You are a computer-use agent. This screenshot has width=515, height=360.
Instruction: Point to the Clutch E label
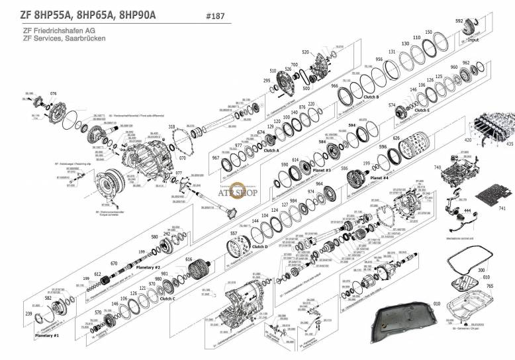click(x=421, y=111)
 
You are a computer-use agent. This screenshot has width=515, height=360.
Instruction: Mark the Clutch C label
click(x=167, y=298)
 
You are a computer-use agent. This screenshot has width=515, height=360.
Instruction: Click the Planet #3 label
click(x=322, y=170)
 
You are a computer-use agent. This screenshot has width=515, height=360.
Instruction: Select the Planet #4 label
click(x=379, y=177)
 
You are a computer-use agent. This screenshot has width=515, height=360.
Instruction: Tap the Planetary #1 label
click(x=47, y=336)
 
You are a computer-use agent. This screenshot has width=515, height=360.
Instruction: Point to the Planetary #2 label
click(x=149, y=267)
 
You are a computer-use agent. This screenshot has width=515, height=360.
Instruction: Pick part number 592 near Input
click(x=459, y=21)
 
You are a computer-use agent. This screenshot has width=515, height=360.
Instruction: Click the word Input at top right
click(x=473, y=40)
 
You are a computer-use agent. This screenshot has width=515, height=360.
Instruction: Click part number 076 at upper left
click(x=54, y=93)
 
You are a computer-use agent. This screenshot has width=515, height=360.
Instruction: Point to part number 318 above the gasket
click(x=171, y=126)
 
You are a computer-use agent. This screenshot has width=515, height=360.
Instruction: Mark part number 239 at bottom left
click(x=28, y=313)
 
